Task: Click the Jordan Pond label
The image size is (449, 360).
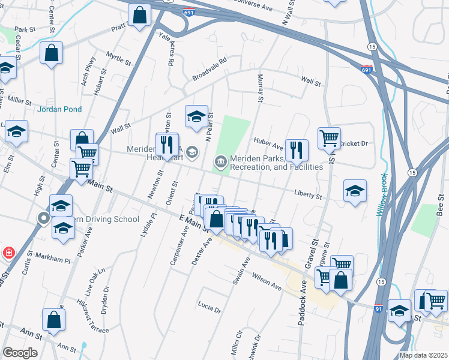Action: [x=59, y=109]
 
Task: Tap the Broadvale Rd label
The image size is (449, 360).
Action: [x=209, y=70]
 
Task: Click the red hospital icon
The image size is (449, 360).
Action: [x=9, y=252]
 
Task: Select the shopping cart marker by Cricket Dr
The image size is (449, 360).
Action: [x=329, y=137]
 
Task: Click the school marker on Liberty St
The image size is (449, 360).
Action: [x=355, y=191]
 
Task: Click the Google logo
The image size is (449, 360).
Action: [x=20, y=353]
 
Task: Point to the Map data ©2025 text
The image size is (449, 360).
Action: [x=423, y=355]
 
